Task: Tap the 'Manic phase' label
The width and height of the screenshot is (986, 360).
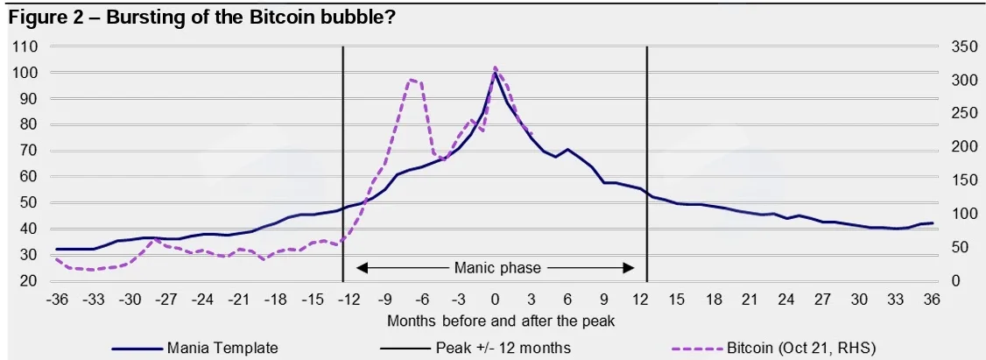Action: [497, 268]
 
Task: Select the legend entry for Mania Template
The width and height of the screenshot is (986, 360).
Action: [195, 347]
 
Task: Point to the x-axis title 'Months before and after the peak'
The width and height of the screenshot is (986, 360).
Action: [501, 321]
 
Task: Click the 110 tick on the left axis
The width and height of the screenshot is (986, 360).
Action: [25, 46]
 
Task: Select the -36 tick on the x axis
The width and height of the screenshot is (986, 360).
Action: [56, 299]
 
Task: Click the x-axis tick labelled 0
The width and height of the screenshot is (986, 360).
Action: [495, 299]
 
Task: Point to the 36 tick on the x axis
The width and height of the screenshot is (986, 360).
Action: [933, 299]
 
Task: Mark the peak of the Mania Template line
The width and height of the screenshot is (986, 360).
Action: [495, 73]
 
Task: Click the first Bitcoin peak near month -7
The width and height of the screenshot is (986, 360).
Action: [411, 80]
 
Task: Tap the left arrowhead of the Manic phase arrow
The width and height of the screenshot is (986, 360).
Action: [361, 268]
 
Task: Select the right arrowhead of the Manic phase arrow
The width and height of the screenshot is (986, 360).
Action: [630, 268]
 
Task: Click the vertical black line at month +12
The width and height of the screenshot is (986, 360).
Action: [647, 165]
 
